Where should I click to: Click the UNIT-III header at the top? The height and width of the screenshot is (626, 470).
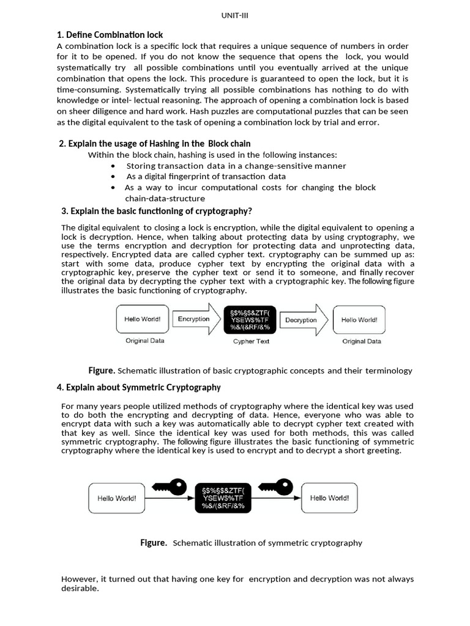point(234,17)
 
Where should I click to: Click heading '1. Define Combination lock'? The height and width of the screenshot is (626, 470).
point(110,35)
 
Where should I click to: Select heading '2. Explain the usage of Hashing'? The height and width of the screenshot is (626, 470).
point(155,144)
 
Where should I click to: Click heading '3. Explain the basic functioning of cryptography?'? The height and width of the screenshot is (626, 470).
point(157,211)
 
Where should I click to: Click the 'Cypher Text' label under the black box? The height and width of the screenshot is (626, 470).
point(251,342)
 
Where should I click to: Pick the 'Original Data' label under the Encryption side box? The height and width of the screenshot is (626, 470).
point(145,341)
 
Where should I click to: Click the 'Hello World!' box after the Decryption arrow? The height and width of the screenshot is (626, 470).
point(359,320)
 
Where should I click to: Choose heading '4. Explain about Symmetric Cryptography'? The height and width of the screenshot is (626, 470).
point(139,388)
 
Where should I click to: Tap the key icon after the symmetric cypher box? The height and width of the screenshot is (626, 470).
point(277,487)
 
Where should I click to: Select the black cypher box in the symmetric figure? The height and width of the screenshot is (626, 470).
point(223,498)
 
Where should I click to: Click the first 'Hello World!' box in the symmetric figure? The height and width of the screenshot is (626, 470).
point(117,498)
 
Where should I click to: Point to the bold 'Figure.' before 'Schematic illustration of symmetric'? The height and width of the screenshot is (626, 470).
point(154,543)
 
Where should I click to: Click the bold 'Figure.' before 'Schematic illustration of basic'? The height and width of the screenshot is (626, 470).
point(102,370)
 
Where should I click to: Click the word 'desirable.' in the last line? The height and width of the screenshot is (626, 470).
point(80,589)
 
